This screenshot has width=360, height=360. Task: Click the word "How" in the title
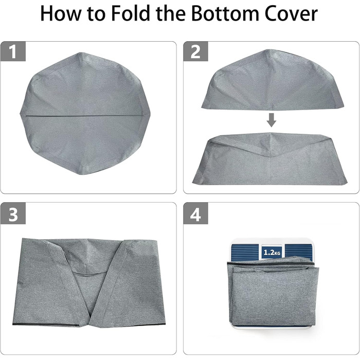[60, 13]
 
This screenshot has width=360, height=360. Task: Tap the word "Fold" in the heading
[131, 13]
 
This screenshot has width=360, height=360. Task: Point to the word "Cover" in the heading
[291, 14]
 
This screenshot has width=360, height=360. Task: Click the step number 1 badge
[13, 51]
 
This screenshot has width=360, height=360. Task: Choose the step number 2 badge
[195, 51]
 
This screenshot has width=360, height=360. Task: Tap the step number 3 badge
[13, 214]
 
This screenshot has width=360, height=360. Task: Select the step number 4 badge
[195, 214]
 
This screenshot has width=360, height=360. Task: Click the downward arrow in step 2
[272, 120]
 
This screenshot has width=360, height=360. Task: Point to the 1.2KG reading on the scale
[272, 253]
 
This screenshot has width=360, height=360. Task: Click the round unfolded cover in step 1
[85, 114]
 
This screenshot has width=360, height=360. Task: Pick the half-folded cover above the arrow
[273, 79]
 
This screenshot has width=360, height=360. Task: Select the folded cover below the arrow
[270, 158]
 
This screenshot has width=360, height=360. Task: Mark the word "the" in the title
[171, 13]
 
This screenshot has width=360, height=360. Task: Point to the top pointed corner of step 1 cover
[80, 53]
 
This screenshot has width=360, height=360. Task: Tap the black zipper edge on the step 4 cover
[271, 263]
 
